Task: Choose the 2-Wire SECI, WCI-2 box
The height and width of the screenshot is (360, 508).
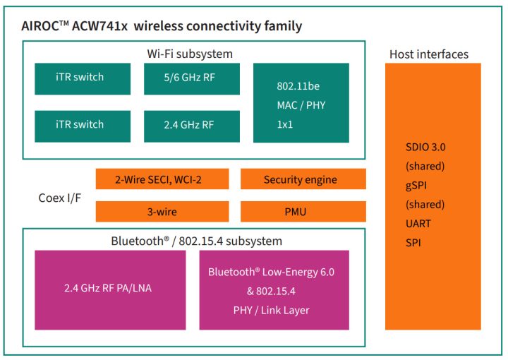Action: coord(162,179)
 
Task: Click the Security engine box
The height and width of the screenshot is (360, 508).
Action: coord(303,179)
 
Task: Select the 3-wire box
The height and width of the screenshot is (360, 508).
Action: coord(162,211)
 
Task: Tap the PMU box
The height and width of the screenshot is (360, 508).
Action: coord(303,211)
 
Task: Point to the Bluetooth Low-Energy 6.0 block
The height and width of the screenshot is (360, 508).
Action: coord(274,272)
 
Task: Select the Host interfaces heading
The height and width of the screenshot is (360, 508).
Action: coord(428,54)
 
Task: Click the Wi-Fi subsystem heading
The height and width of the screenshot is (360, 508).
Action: coord(189,54)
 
